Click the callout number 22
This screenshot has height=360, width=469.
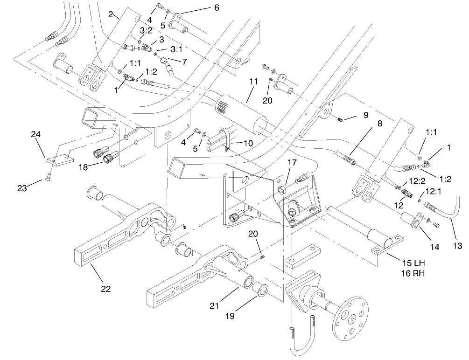(x=106, y=289)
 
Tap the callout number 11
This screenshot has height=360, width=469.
(x=253, y=81)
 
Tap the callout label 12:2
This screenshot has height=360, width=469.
(x=407, y=180)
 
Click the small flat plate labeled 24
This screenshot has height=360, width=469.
(x=60, y=159)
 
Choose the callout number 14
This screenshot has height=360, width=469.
(x=435, y=247)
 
